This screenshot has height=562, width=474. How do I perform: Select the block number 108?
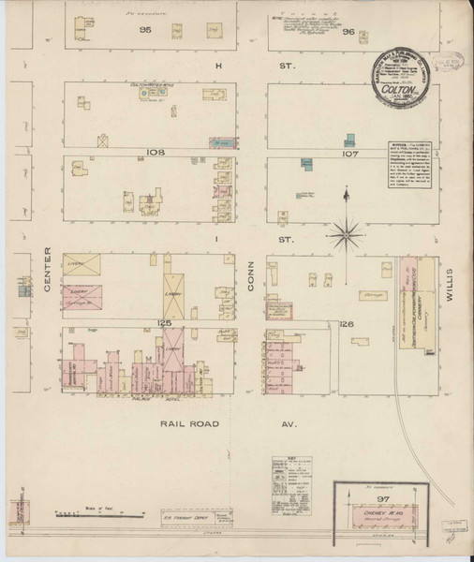click(155, 152)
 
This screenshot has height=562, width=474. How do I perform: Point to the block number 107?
click(350, 152)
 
